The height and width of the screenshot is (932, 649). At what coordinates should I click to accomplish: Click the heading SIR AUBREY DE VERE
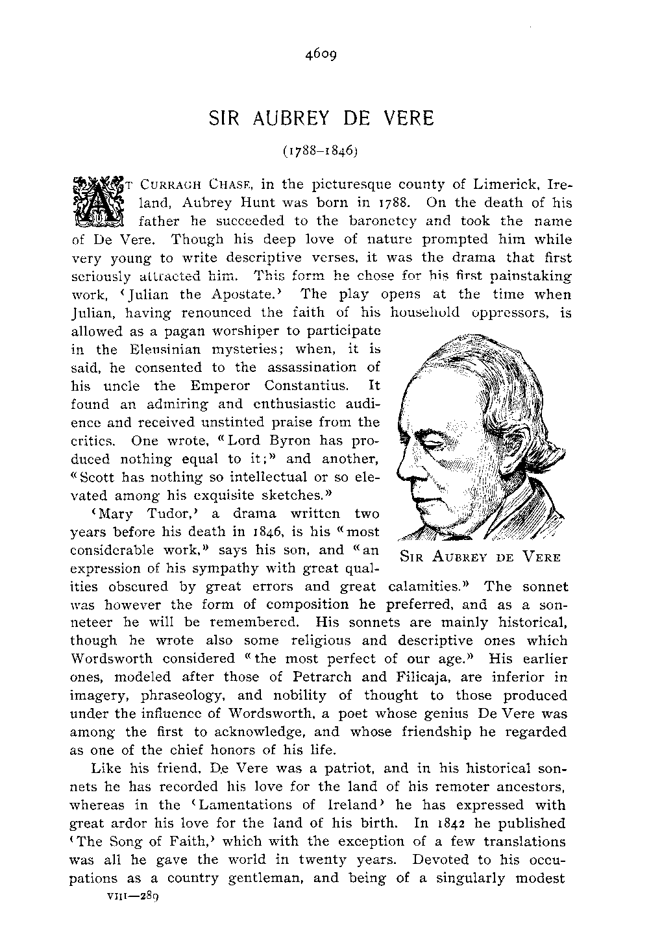(x=321, y=119)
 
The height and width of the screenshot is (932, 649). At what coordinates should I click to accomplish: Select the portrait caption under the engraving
(x=480, y=556)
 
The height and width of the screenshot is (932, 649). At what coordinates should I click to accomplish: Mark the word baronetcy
(x=384, y=221)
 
